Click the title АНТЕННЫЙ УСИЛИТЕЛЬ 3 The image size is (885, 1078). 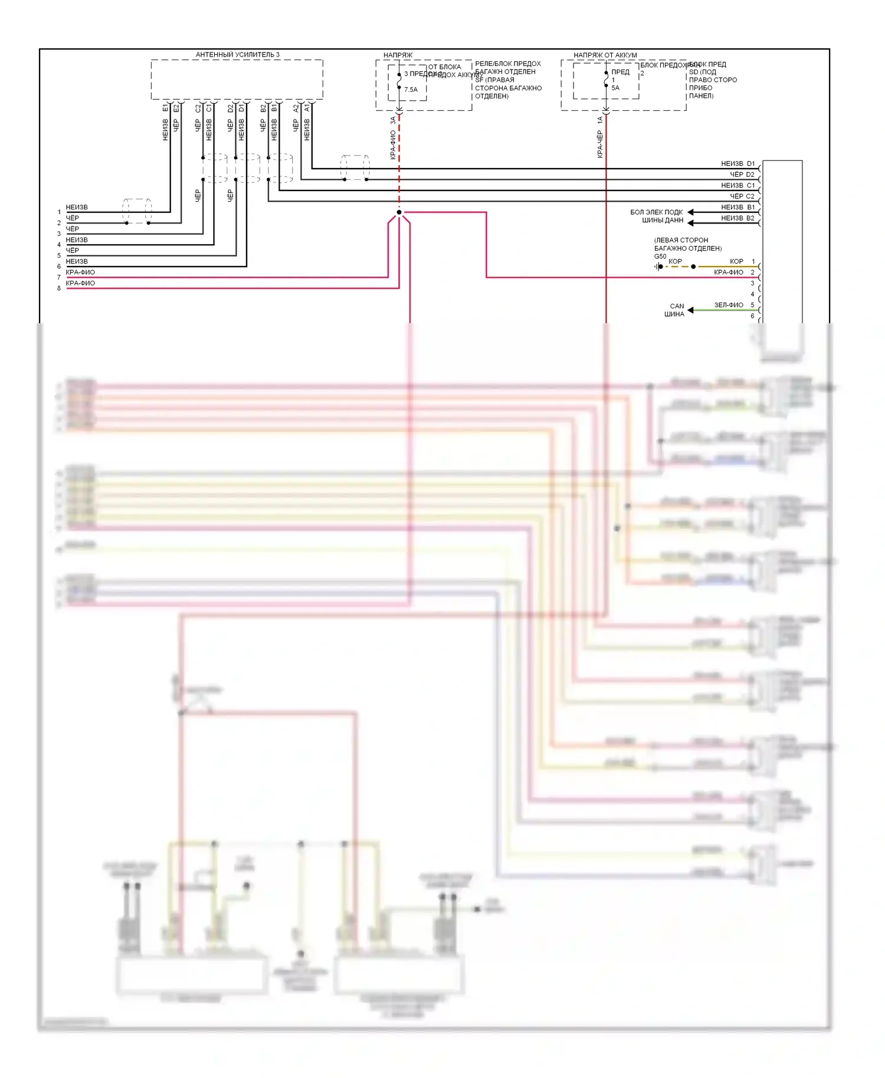coord(237,55)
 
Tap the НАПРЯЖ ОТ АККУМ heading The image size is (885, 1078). coord(605,55)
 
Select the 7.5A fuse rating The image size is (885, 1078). coord(411,90)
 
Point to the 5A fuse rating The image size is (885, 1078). coord(615,88)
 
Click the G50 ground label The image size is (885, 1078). coord(660,257)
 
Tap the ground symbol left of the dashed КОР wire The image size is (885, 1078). coord(658,267)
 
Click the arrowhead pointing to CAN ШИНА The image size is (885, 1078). coord(690,310)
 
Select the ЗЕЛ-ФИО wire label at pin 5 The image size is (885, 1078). coord(728,305)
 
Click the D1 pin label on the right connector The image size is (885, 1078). coord(750,163)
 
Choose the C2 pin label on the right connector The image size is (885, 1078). coord(750,196)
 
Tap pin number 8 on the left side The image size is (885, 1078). coord(59,288)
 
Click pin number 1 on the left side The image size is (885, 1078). coord(59,212)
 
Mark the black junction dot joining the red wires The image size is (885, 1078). coord(399,212)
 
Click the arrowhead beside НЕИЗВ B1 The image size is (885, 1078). coord(690,212)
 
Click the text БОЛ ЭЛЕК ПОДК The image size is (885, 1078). coord(656,212)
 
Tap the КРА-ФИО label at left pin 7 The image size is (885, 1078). coord(80,272)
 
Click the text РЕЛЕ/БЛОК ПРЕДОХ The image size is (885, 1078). coord(507,64)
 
